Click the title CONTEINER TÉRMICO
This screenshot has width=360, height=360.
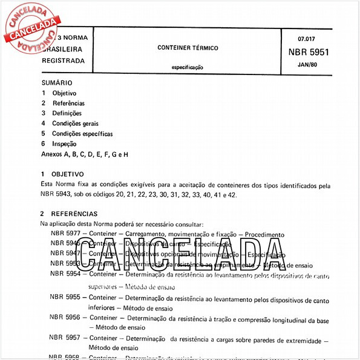188,47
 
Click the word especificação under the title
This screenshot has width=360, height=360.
188,68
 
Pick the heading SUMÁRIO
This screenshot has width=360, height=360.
57,82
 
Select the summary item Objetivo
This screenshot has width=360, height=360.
64,93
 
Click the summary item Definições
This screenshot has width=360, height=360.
67,113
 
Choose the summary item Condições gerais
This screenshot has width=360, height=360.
76,123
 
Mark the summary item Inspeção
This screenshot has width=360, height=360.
64,144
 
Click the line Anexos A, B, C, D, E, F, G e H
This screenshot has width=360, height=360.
84,154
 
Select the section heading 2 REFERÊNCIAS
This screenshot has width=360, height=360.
68,214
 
